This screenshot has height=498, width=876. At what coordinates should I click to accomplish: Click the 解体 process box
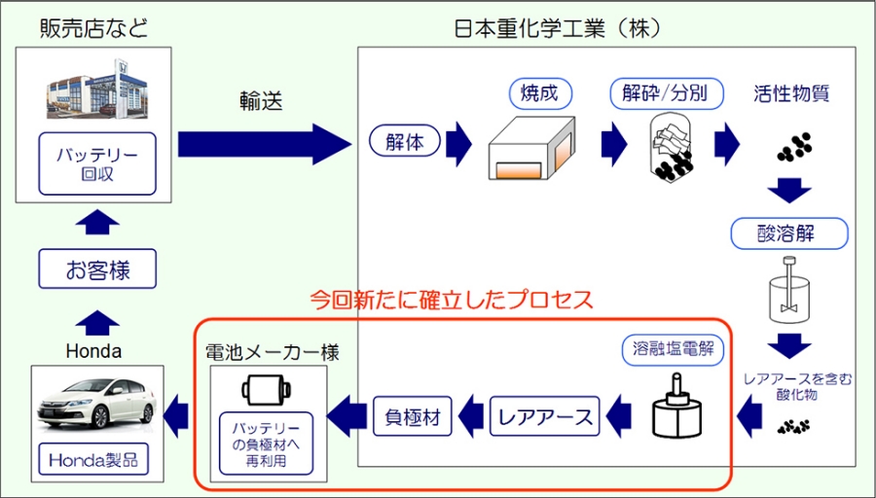(404, 142)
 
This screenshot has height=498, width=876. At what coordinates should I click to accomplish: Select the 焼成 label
(539, 93)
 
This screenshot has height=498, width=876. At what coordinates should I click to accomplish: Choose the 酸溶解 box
(789, 233)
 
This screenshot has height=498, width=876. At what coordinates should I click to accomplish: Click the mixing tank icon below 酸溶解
(789, 292)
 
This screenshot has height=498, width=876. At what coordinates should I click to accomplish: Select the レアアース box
(545, 416)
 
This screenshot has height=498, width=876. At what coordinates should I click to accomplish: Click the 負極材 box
(413, 416)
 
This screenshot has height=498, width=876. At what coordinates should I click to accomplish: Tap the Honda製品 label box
(96, 458)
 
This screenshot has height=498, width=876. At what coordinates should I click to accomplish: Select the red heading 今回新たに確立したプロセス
(451, 299)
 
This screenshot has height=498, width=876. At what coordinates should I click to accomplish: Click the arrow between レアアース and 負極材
(472, 417)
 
